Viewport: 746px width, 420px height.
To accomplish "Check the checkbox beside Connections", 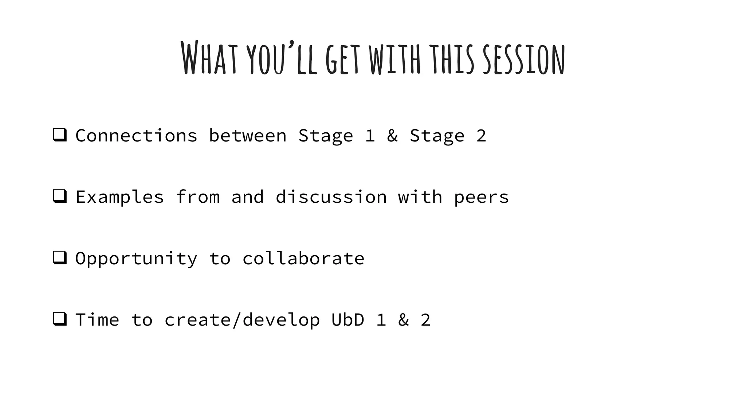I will click(x=60, y=135).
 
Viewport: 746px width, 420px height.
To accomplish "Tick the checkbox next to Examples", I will click(x=60, y=196).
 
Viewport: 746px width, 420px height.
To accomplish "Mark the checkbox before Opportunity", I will click(x=60, y=258).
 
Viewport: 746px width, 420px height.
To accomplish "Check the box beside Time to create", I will click(x=60, y=319).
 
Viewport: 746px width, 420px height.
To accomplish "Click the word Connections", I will click(x=136, y=136).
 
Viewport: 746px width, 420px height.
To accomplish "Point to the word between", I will click(x=247, y=136).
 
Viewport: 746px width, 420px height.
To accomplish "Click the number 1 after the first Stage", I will click(x=370, y=136).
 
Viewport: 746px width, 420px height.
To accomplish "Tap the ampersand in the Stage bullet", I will click(x=392, y=136).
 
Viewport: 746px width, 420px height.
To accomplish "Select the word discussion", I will click(x=331, y=197).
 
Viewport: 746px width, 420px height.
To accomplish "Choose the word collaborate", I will click(x=303, y=258).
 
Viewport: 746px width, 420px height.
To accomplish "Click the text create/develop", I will click(x=242, y=320).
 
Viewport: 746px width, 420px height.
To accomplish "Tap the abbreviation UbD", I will click(x=348, y=320).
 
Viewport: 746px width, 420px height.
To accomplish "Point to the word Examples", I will click(x=119, y=198).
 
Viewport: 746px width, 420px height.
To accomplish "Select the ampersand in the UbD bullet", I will click(x=403, y=320).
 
